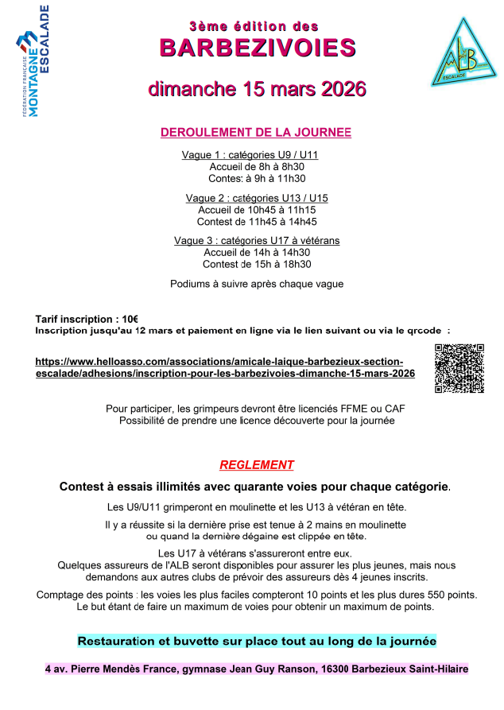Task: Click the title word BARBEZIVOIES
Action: point(258,48)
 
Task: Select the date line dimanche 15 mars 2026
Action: point(257,87)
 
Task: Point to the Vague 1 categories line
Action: point(250,155)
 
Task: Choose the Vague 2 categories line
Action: point(257,198)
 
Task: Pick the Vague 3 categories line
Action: point(257,241)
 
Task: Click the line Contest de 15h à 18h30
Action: point(257,265)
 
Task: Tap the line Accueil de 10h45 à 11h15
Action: point(257,210)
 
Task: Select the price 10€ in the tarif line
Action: point(130,319)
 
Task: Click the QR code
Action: point(459,368)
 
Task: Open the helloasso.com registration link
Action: point(225,367)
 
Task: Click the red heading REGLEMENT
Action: point(257,465)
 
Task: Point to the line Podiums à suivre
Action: point(257,284)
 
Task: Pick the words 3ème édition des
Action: point(258,26)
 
